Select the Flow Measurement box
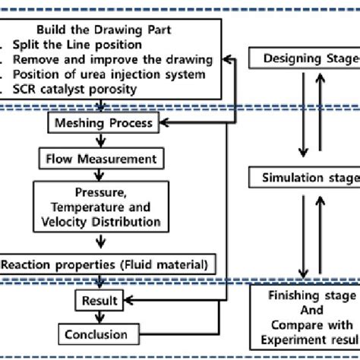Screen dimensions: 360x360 [x=102, y=159]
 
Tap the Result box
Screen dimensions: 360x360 [x=99, y=302]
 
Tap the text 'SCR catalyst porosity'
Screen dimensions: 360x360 [x=76, y=89]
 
